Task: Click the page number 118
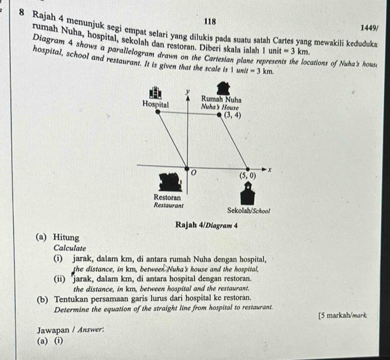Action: click(210, 22)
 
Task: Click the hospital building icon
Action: click(155, 93)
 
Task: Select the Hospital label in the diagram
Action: click(155, 104)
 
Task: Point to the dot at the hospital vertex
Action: click(157, 111)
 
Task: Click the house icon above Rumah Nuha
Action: click(224, 88)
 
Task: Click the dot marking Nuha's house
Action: click(219, 115)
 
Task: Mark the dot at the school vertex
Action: click(248, 169)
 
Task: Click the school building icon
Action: click(248, 194)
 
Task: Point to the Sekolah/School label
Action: click(249, 211)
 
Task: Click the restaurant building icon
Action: click(171, 182)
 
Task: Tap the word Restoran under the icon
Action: click(168, 197)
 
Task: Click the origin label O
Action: click(193, 172)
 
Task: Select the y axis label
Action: click(189, 91)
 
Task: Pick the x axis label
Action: click(269, 170)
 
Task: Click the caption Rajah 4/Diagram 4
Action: click(206, 225)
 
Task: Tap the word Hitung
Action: click(66, 238)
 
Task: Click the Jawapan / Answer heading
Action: click(71, 331)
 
